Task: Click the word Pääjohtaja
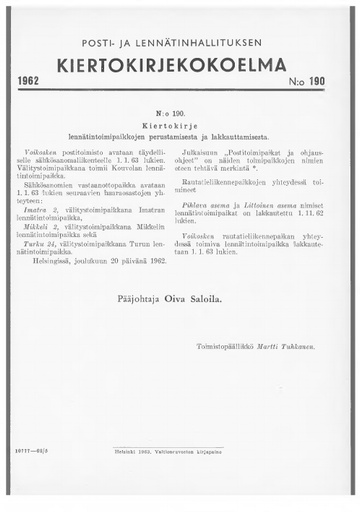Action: coord(128,297)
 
